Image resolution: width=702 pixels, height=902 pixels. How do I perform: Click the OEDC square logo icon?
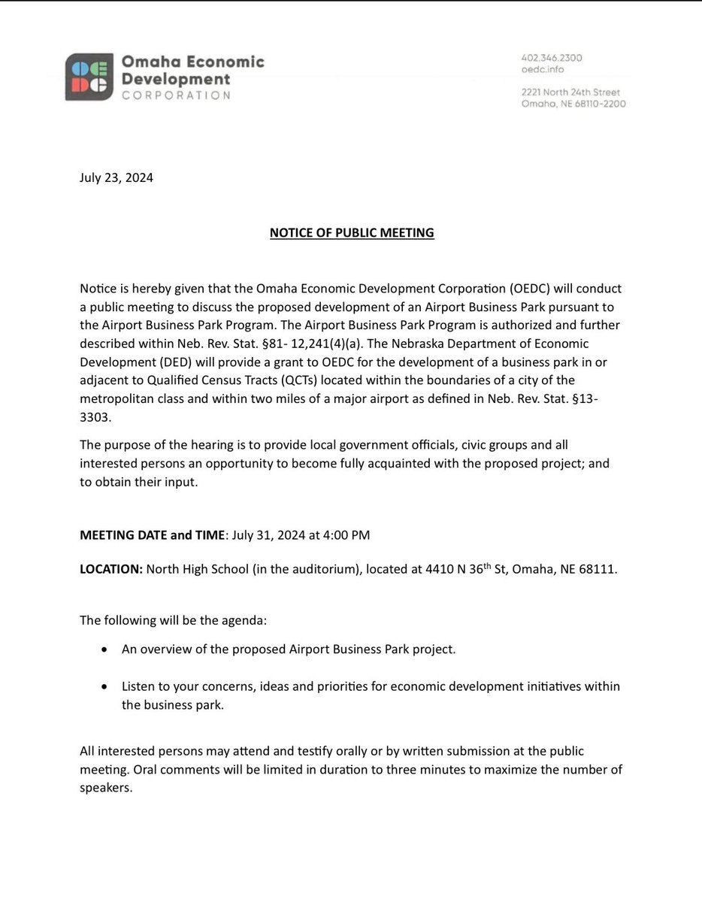click(89, 77)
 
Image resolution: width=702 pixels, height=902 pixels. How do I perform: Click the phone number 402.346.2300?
click(552, 58)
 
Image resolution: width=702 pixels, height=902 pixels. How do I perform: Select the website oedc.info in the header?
click(543, 70)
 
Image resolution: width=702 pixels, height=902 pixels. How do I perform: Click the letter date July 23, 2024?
click(116, 179)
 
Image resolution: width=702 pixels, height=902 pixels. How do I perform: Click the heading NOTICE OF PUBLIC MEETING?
click(352, 233)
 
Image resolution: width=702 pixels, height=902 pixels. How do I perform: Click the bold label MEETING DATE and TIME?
click(153, 535)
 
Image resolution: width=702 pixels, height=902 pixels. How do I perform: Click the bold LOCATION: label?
click(111, 570)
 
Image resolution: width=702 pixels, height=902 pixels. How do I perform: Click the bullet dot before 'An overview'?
click(104, 649)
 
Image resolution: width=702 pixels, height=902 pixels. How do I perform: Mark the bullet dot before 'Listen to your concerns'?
click(104, 687)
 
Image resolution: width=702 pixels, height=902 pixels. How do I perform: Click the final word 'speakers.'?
click(106, 788)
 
